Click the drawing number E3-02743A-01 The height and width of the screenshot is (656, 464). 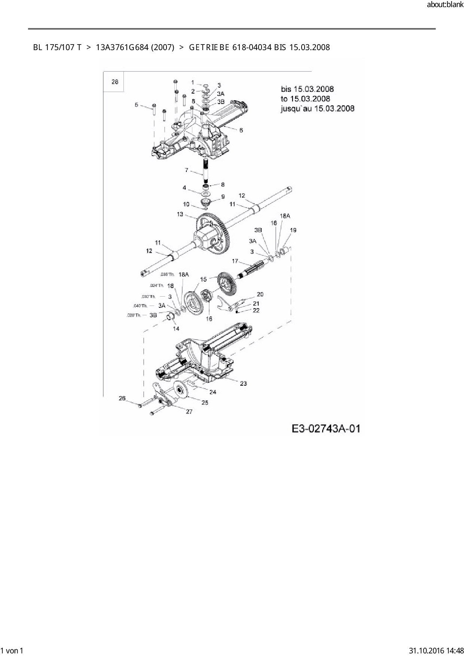pyautogui.click(x=326, y=428)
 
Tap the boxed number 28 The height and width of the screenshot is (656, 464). pyautogui.click(x=115, y=82)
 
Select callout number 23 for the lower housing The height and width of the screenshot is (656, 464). pyautogui.click(x=243, y=383)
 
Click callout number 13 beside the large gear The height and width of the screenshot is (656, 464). pyautogui.click(x=180, y=214)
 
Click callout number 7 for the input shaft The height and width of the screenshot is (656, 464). pyautogui.click(x=186, y=170)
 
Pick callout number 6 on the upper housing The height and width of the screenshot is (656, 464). pyautogui.click(x=241, y=130)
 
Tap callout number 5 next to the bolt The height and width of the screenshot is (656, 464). pyautogui.click(x=137, y=105)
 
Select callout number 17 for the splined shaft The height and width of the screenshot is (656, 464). pyautogui.click(x=235, y=261)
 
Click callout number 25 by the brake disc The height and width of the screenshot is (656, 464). pyautogui.click(x=205, y=403)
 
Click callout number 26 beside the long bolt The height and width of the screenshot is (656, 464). pyautogui.click(x=122, y=398)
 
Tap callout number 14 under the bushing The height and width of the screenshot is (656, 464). pyautogui.click(x=176, y=328)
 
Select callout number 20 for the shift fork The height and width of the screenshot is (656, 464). pyautogui.click(x=260, y=294)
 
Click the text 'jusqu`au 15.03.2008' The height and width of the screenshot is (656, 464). pyautogui.click(x=317, y=108)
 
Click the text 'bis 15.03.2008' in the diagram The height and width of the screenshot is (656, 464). pyautogui.click(x=307, y=89)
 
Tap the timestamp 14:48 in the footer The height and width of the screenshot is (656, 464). pyautogui.click(x=455, y=651)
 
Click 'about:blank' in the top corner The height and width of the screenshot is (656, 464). pyautogui.click(x=445, y=5)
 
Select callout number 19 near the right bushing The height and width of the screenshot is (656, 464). pyautogui.click(x=293, y=230)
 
